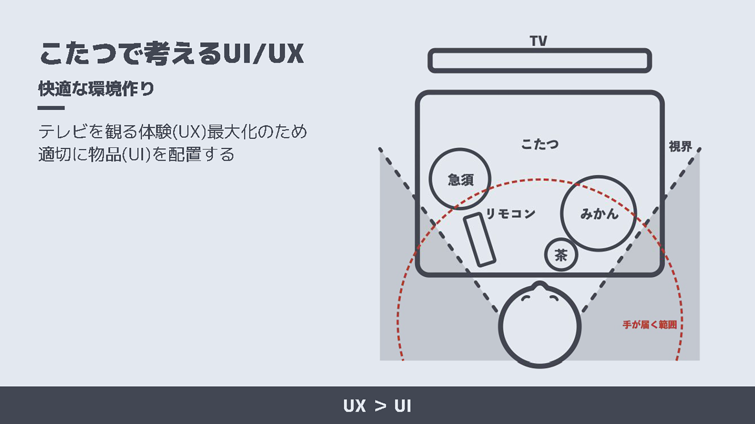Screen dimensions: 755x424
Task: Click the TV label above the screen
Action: pos(538,41)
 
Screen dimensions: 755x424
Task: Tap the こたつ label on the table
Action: pos(540,144)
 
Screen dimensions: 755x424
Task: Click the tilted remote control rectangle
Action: pos(479,239)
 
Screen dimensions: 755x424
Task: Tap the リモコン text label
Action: pos(510,214)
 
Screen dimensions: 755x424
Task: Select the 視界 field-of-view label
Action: pos(680,146)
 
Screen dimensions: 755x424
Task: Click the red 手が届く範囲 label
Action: pos(650,325)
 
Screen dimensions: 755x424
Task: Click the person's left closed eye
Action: pos(526,298)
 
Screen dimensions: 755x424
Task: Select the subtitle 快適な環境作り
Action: pos(96,89)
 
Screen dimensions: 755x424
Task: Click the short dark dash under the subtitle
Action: pos(51,108)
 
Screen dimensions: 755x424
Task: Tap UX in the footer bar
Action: pos(354,406)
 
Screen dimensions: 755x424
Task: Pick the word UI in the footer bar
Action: pos(403,406)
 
